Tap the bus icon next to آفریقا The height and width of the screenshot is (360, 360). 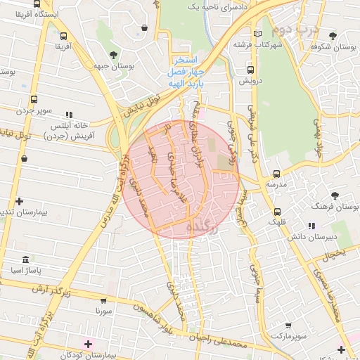click(64, 36)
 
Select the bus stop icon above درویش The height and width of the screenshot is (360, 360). click(250, 70)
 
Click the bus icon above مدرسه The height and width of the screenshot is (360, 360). click(276, 173)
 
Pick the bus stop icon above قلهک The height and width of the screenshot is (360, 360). click(276, 210)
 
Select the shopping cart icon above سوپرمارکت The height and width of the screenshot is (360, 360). click(288, 326)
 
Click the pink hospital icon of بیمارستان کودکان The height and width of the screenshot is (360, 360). click(88, 344)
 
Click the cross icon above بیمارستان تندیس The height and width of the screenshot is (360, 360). click(20, 201)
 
